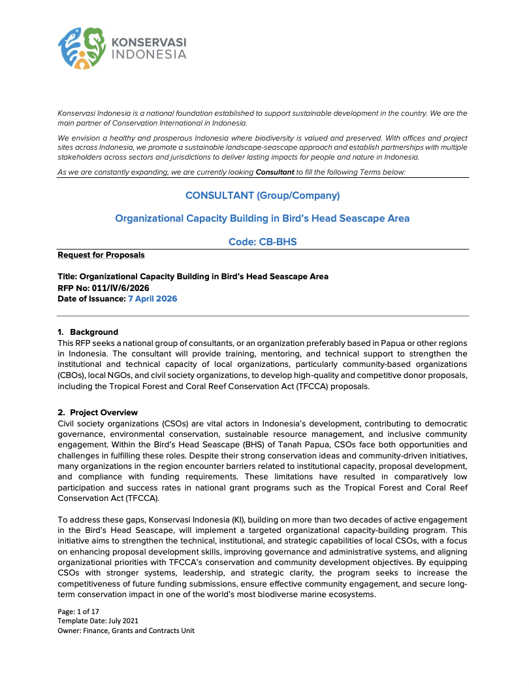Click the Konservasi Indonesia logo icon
82,48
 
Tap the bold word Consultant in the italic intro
274,172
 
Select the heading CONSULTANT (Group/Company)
263,196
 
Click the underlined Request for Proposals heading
101,255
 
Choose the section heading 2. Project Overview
98,412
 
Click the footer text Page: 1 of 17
80,611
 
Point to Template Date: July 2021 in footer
98,621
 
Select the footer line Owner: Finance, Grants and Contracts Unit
126,630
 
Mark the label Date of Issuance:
91,299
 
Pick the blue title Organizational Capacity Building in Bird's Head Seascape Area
263,218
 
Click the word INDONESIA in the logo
150,55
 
